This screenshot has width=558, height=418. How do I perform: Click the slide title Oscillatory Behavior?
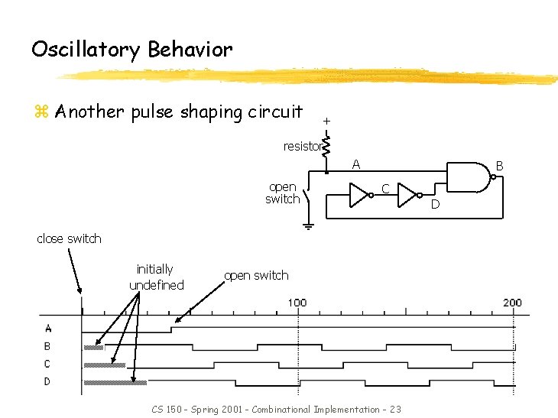pos(131,50)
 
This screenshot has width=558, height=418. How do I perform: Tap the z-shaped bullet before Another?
pos(41,112)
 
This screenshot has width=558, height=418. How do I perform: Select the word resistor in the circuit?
pos(300,147)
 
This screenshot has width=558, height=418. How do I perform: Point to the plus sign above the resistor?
pos(326,121)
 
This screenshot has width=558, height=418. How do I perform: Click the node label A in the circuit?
pos(355,164)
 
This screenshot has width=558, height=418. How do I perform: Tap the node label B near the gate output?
pos(499,164)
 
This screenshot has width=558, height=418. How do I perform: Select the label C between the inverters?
pos(386,188)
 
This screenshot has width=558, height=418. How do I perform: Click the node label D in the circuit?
pos(435,203)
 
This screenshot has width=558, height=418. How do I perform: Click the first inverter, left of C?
pos(359,195)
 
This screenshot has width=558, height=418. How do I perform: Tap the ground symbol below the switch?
pos(308,225)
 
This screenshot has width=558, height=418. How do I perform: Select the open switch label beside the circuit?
pos(283,193)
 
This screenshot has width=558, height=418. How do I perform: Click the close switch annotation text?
pos(69,238)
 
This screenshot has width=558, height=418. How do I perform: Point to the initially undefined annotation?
pos(156,277)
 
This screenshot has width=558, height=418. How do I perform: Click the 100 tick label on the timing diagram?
pos(297,303)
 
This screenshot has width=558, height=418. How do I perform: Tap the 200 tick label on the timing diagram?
pos(512,303)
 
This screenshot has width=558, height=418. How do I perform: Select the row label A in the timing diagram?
pos(48,329)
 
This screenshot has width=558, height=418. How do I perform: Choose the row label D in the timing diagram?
pos(48,381)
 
